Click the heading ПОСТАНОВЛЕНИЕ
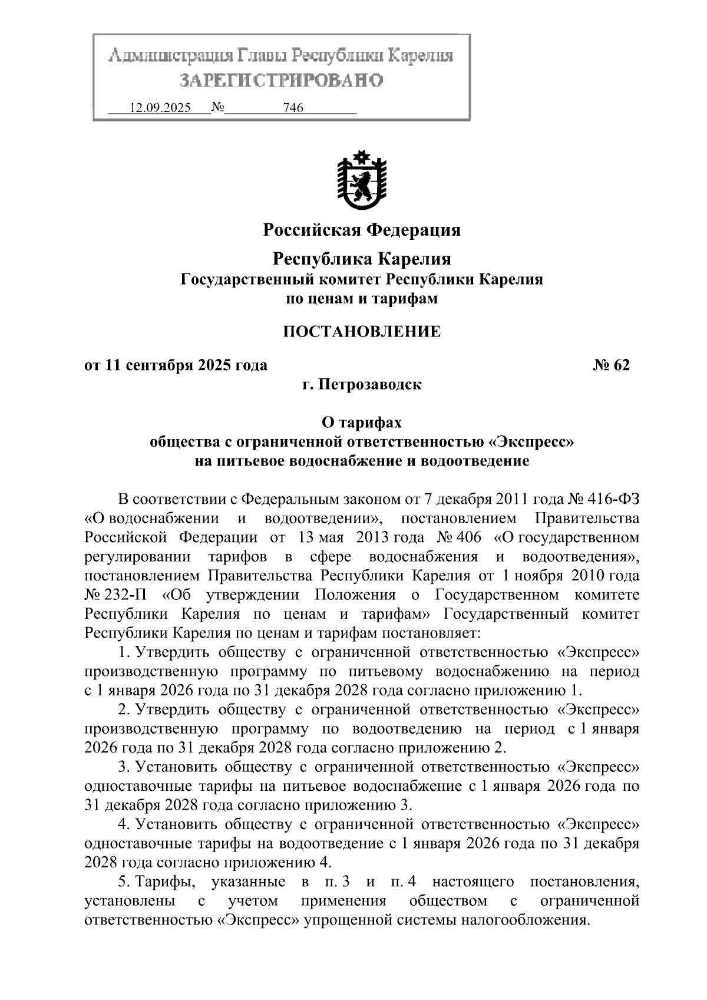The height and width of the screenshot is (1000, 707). coord(362,332)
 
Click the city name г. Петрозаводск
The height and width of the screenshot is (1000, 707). coord(362,385)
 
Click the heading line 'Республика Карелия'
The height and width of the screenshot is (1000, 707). coord(362,259)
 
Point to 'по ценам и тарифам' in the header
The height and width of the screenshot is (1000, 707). coord(362,299)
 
